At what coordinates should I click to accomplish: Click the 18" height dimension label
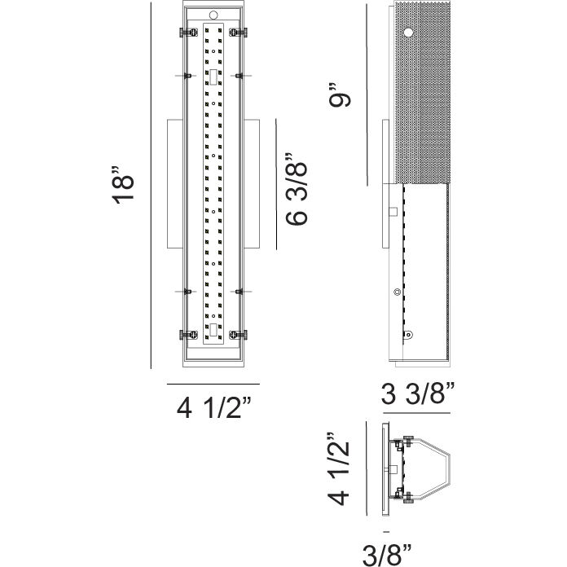tap(123, 187)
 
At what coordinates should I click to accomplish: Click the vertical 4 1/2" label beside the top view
tap(341, 469)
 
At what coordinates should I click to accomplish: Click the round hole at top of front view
tap(213, 15)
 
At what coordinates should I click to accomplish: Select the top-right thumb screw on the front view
tap(238, 32)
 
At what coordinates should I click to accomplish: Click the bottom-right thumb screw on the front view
tap(238, 334)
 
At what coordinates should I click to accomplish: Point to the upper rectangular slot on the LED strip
tap(213, 77)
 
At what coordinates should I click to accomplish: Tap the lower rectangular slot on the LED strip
tap(213, 329)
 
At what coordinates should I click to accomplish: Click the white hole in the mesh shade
tap(407, 33)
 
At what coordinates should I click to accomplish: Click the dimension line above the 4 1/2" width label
tap(213, 383)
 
